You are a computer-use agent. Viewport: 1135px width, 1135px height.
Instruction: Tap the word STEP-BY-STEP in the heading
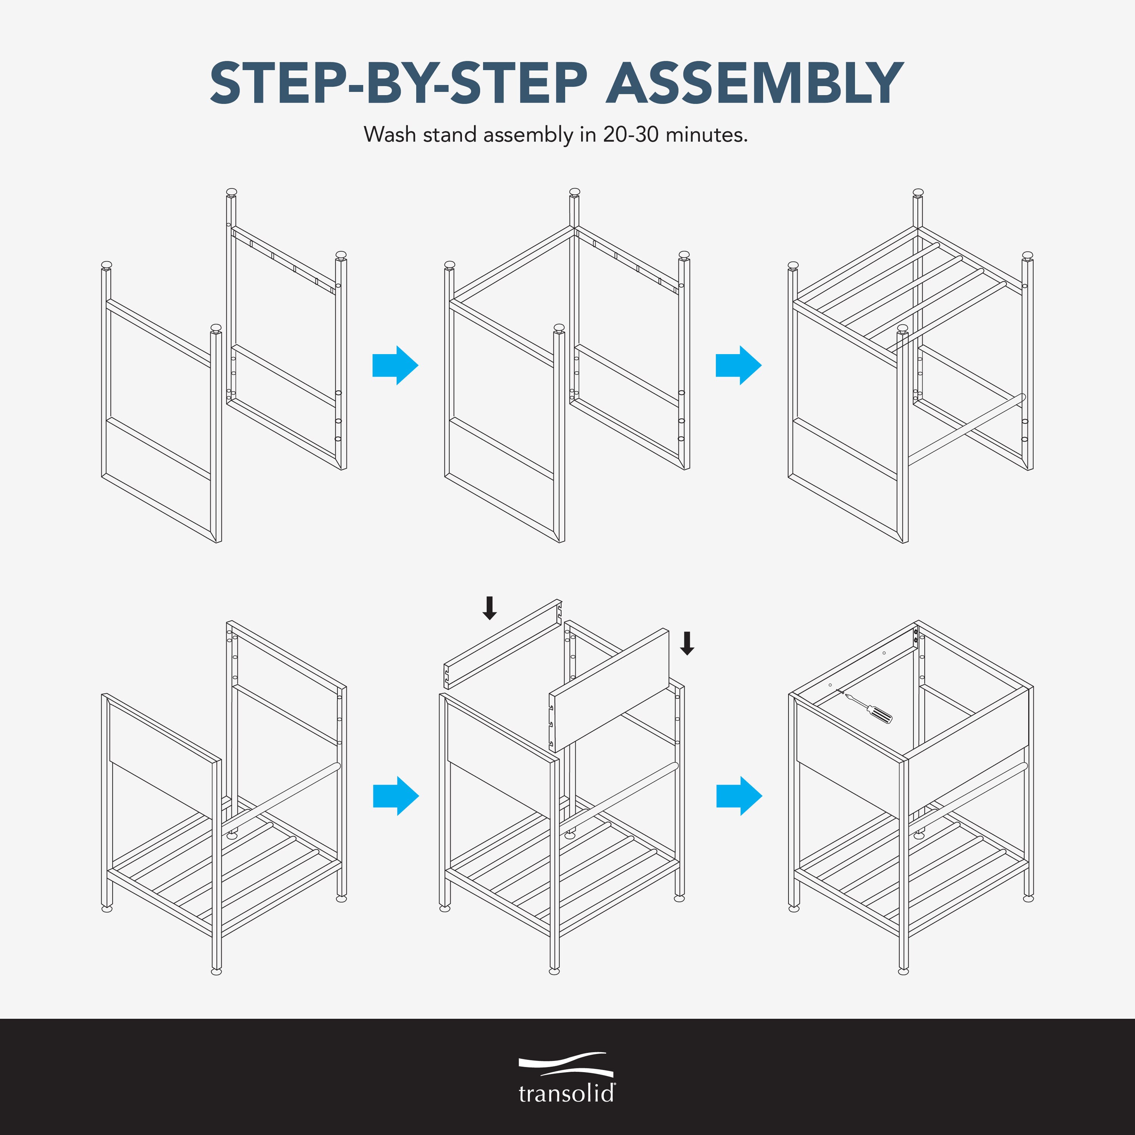tap(398, 83)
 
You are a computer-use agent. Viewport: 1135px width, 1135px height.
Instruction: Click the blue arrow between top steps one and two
tap(395, 365)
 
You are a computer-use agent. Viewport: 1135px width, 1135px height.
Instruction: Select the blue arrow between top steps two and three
tap(739, 365)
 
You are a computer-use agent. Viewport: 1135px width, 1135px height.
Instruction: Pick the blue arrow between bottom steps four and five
tap(396, 796)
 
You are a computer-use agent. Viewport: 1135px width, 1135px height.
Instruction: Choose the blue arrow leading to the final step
tap(739, 796)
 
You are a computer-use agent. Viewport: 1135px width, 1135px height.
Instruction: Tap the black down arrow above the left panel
tap(489, 608)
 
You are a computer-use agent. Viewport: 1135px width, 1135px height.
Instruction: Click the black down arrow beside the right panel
tap(687, 643)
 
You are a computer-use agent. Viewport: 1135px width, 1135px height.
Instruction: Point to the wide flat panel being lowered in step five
tap(609, 691)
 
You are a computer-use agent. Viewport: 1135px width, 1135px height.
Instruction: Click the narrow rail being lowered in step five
tap(503, 644)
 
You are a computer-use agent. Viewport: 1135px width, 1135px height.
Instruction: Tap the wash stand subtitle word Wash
tap(390, 135)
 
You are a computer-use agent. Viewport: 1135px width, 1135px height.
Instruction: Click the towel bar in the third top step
tap(966, 429)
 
